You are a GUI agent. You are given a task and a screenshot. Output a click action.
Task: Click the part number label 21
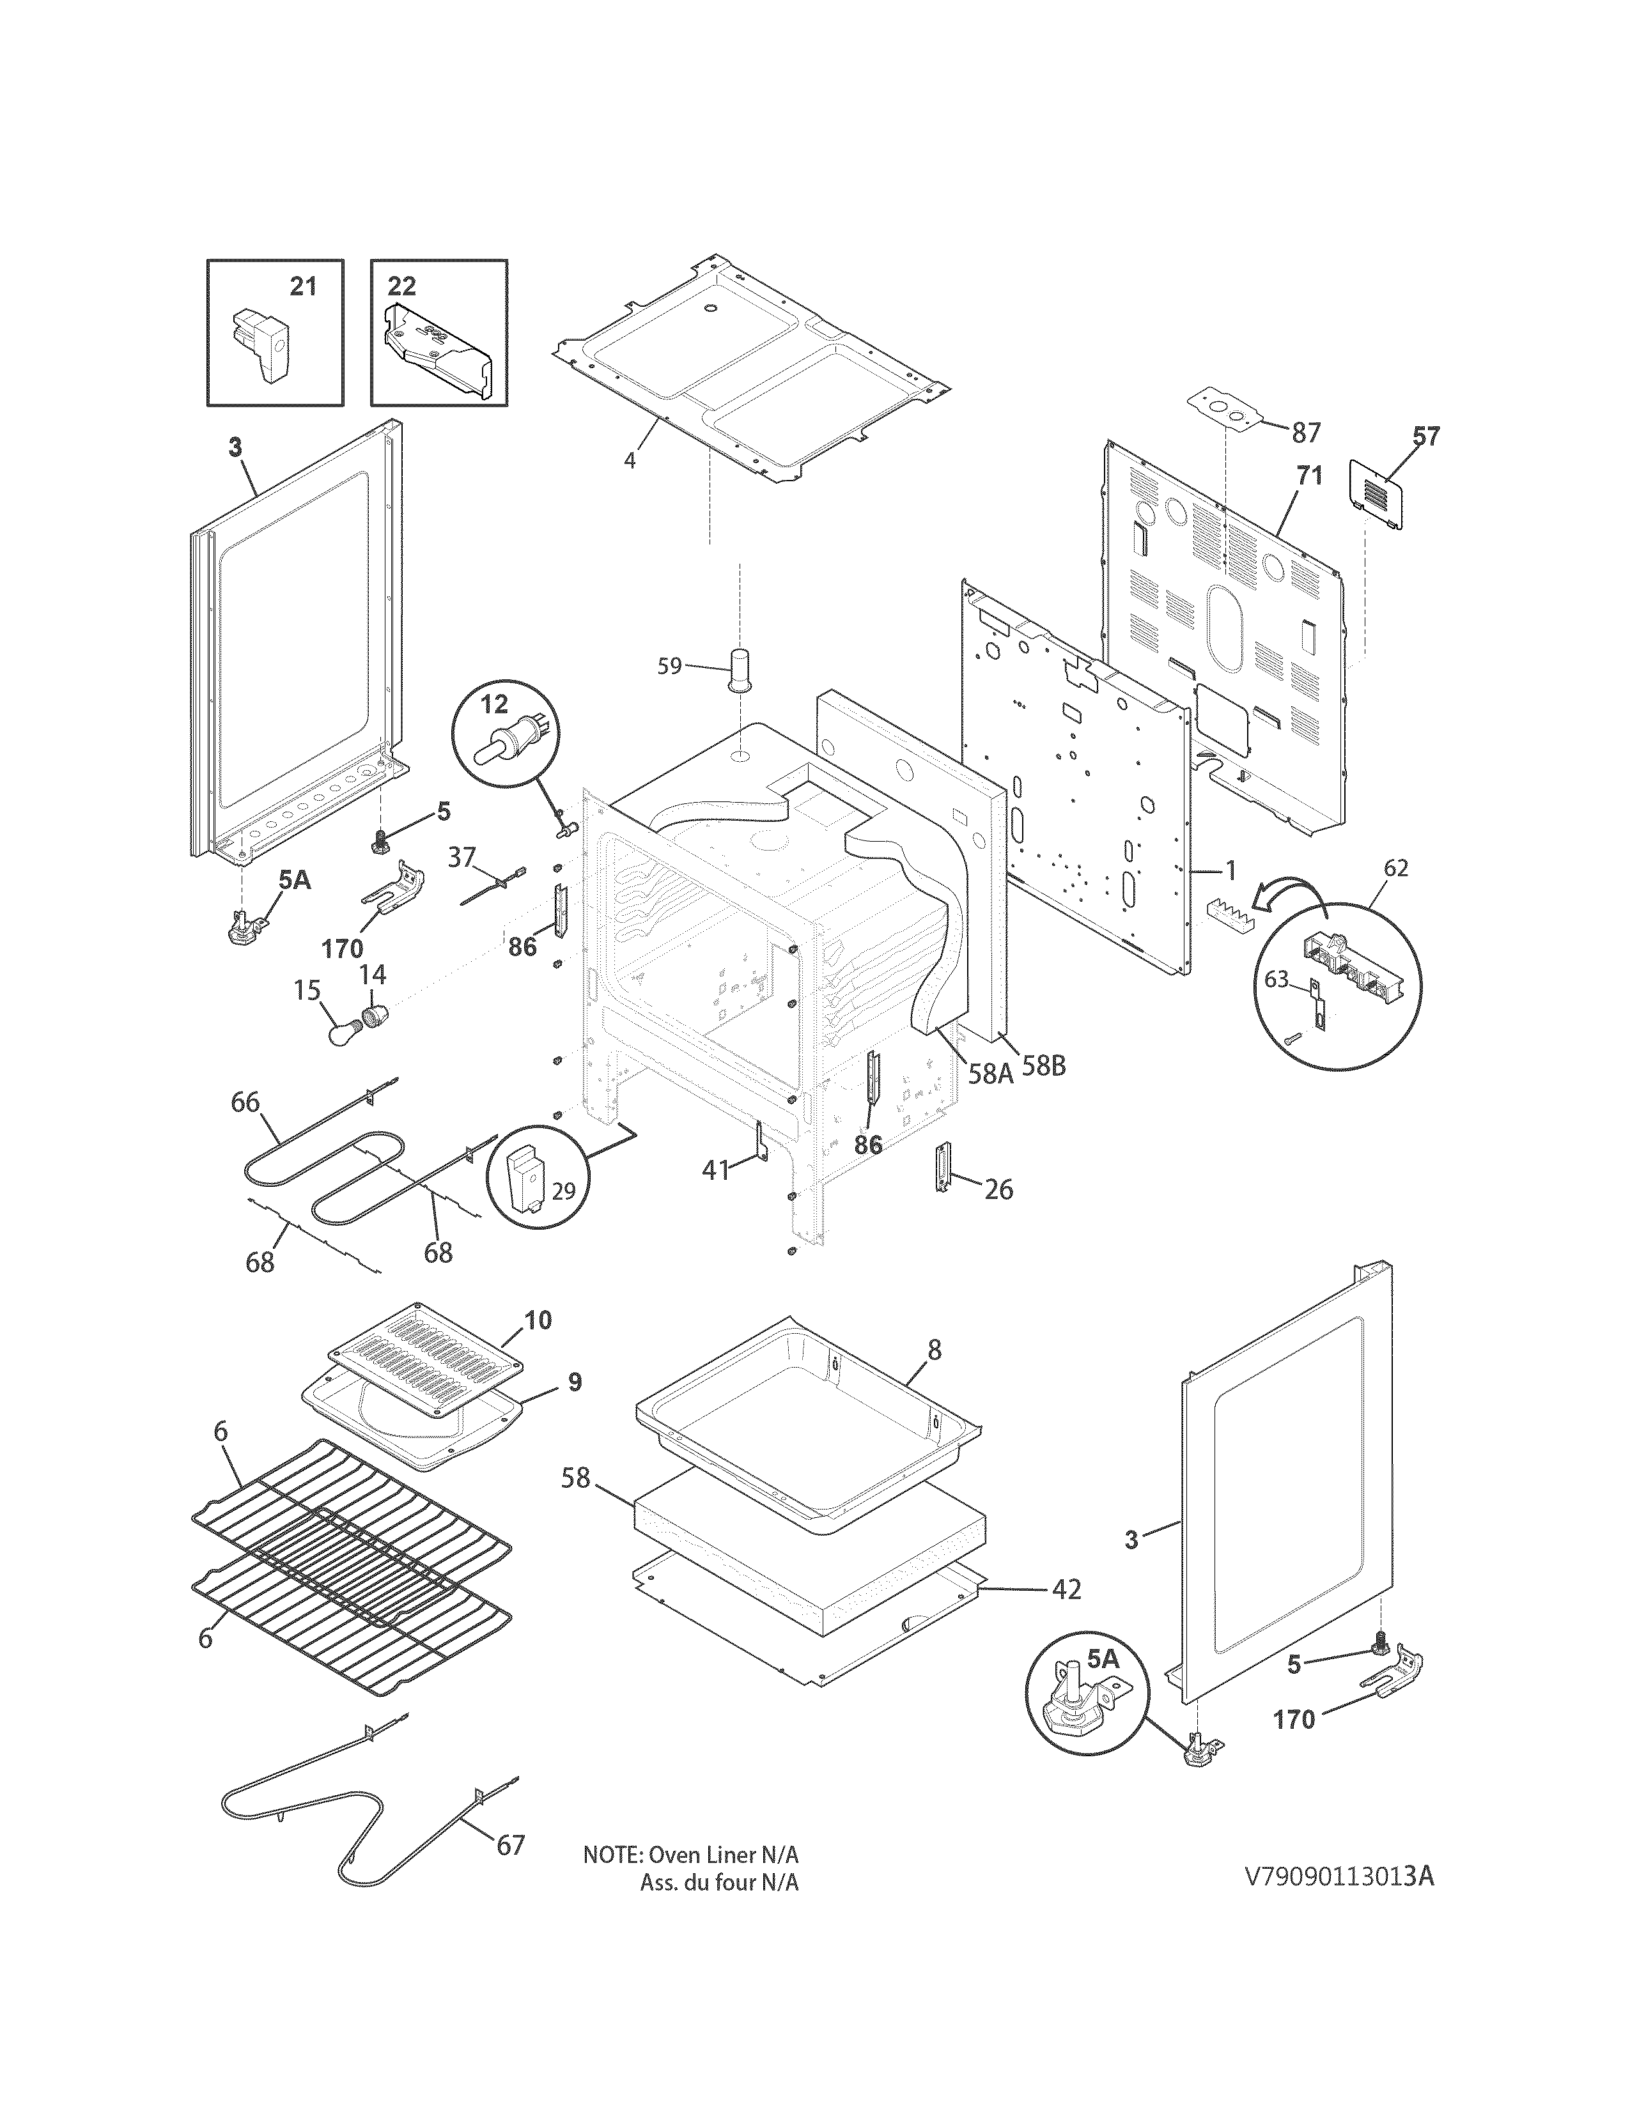(x=303, y=287)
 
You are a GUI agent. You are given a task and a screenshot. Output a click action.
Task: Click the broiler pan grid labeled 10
(x=426, y=1361)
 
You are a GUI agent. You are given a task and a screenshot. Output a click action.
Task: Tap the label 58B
(x=1045, y=1067)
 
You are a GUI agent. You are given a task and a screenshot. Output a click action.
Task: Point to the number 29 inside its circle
(x=563, y=1191)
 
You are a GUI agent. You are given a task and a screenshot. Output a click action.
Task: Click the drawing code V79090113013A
(x=1339, y=1876)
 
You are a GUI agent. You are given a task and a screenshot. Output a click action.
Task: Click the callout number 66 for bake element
(x=245, y=1101)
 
